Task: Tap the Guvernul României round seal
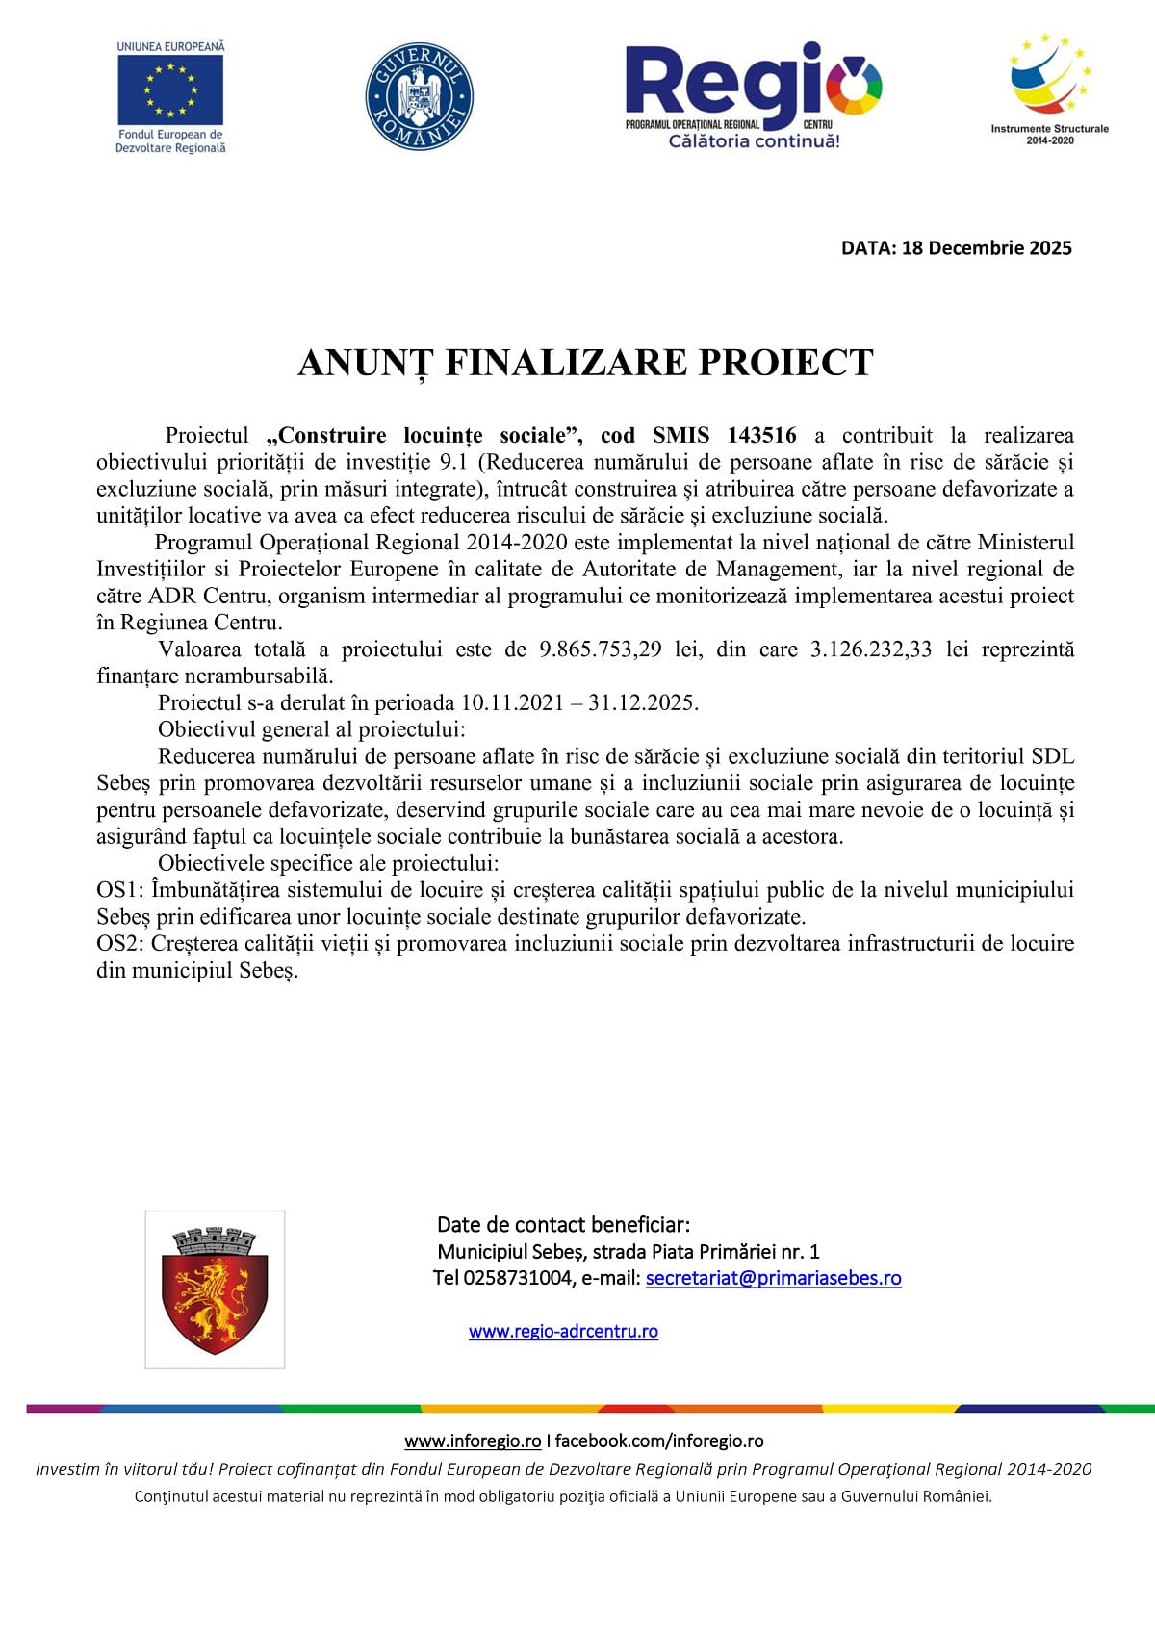419,96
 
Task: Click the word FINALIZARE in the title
567,364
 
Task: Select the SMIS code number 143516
761,436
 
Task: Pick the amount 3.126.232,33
871,650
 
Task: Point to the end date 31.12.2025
643,703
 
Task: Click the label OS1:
120,890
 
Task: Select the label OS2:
120,944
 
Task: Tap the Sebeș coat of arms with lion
215,1289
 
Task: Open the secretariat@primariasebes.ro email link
773,1279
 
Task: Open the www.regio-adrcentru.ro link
563,1332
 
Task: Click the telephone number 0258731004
517,1279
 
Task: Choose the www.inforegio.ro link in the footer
473,1441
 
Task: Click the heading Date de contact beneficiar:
563,1225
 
